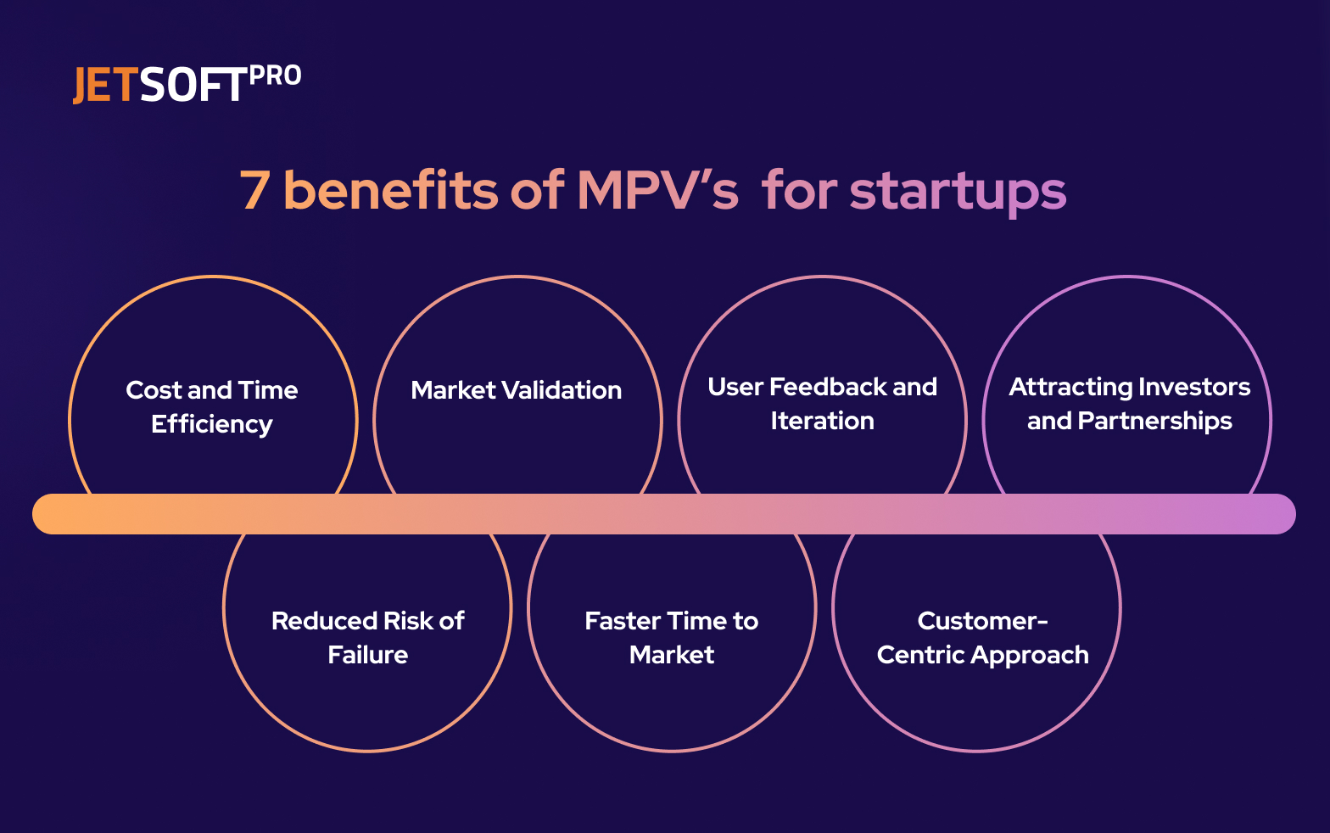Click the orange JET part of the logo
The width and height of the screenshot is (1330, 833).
click(104, 86)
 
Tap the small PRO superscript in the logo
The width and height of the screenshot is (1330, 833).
click(276, 76)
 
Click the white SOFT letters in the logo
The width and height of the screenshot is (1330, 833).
click(193, 86)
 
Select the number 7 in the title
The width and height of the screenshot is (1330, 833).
click(254, 191)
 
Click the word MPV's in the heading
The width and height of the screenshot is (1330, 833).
click(657, 191)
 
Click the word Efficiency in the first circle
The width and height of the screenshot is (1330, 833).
click(212, 424)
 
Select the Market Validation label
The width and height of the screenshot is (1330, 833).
click(517, 390)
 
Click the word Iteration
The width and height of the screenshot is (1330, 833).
click(822, 421)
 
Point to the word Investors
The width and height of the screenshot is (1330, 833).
click(1194, 387)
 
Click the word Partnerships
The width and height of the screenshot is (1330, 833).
click(1154, 421)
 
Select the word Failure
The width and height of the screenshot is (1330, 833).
click(368, 655)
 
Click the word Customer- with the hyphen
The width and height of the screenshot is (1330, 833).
click(982, 621)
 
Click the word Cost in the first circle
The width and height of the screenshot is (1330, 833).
click(154, 390)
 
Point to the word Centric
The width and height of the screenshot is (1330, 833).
click(920, 655)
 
